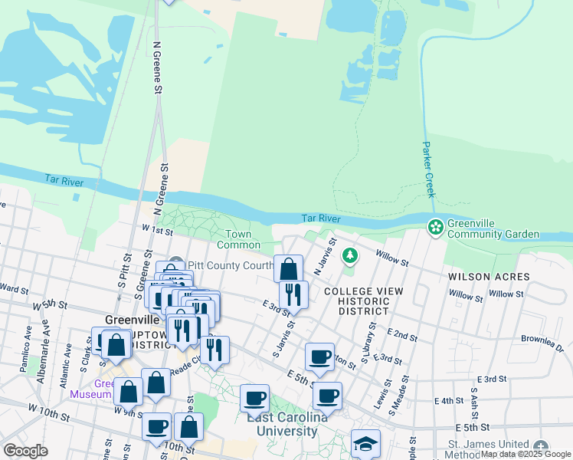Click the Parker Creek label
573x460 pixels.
[427, 169]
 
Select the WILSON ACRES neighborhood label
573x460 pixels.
[489, 276]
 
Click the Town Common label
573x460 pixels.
[239, 239]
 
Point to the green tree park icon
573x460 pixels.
[350, 254]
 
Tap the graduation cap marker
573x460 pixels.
[365, 444]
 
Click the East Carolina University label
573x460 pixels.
[282, 425]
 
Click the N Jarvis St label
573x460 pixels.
[325, 258]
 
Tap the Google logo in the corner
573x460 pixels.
[25, 451]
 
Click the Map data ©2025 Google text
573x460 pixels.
[526, 455]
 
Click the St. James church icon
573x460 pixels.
[541, 447]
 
